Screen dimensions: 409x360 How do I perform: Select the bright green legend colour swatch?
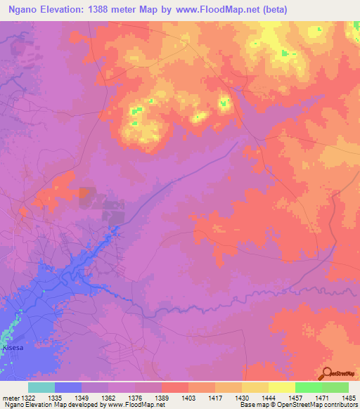tap(308, 387)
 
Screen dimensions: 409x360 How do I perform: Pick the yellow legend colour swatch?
tap(281, 387)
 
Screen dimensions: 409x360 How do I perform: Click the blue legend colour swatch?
tap(68, 387)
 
